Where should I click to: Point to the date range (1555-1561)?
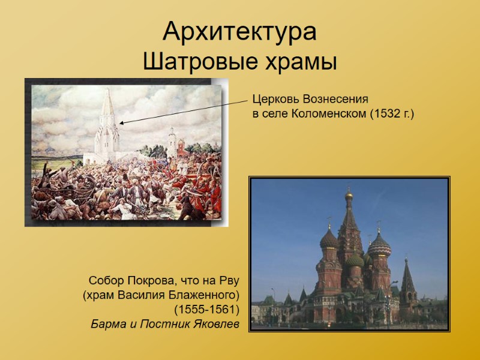[x=206, y=310]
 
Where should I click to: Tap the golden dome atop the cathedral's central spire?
[x=349, y=196]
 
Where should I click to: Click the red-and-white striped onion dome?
[x=379, y=245]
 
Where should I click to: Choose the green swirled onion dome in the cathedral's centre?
[x=355, y=259]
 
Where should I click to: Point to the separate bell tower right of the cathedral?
[x=408, y=282]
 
